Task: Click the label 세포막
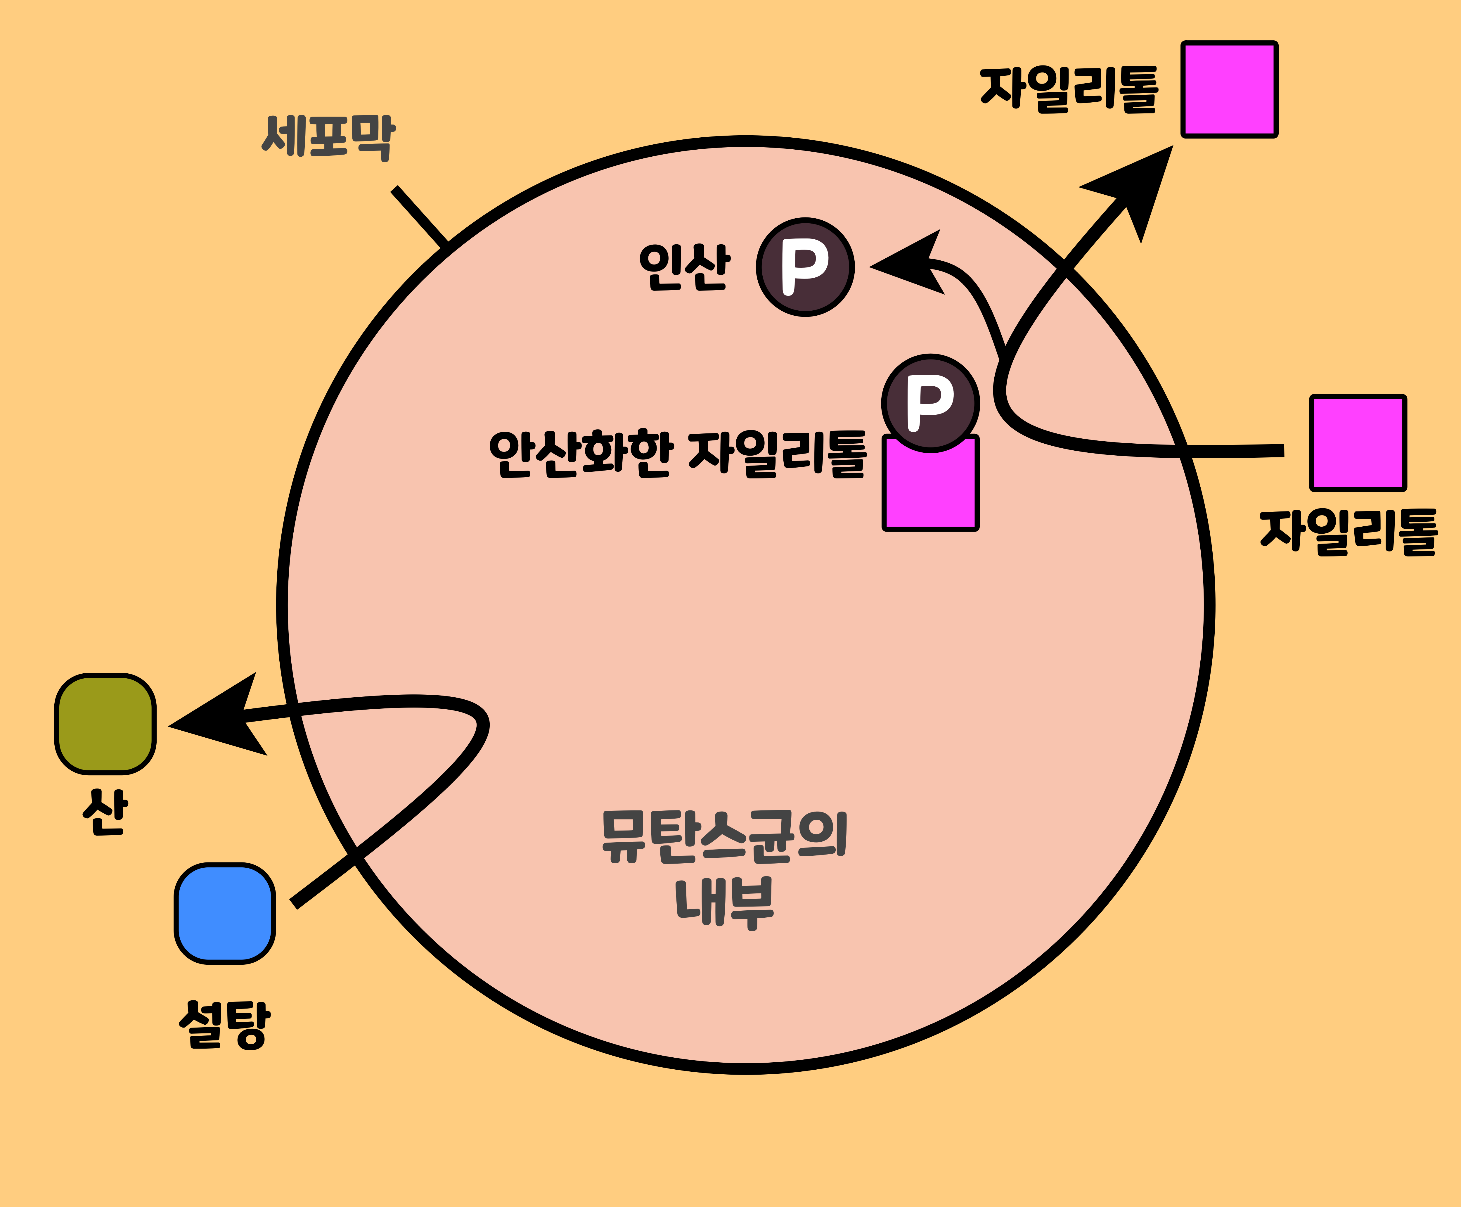[328, 137]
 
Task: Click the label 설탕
[224, 1023]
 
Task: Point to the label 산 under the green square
[105, 811]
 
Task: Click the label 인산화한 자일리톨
[678, 454]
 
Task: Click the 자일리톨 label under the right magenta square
[1349, 532]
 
